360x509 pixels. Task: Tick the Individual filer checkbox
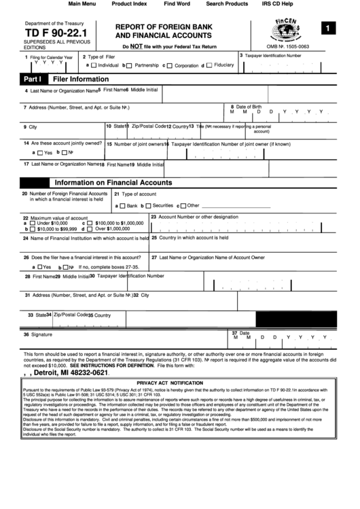pos(94,66)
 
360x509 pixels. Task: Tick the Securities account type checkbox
pos(148,205)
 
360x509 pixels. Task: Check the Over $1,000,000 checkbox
pos(90,229)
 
